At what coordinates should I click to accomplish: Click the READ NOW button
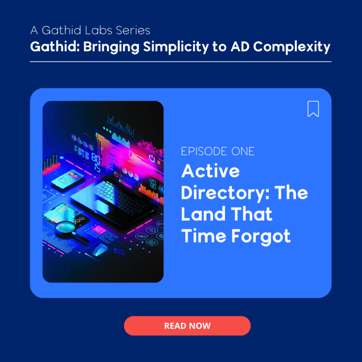click(x=187, y=326)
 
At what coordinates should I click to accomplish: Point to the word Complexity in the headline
click(x=292, y=47)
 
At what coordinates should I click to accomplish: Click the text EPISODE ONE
click(x=218, y=151)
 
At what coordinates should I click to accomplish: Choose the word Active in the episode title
click(x=211, y=171)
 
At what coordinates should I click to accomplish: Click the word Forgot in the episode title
click(x=261, y=237)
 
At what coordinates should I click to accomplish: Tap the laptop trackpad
click(x=101, y=206)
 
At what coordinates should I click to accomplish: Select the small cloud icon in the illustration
click(x=100, y=250)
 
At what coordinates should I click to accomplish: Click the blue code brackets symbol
click(x=119, y=251)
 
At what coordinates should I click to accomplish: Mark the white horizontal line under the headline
click(x=181, y=62)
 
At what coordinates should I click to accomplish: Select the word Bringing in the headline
click(x=111, y=47)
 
